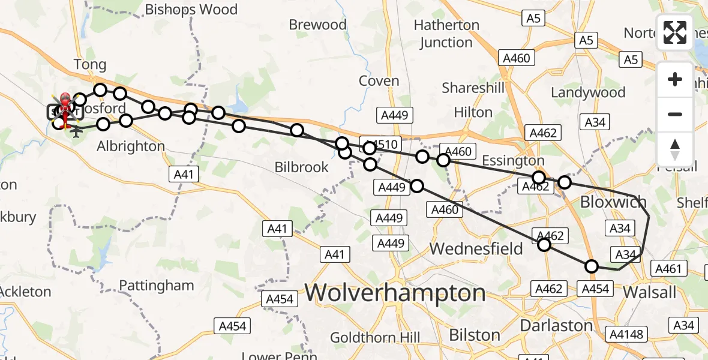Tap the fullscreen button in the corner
tap(675, 32)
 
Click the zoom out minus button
tap(675, 114)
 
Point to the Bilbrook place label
tap(302, 167)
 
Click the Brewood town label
tap(317, 25)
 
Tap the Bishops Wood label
tap(191, 10)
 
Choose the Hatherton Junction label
tap(446, 34)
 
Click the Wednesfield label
tap(476, 248)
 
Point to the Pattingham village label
tap(156, 285)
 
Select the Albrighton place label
tap(131, 146)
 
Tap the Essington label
tap(512, 161)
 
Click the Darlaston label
tap(556, 326)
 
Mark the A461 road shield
tap(668, 269)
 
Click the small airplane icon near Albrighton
tap(76, 130)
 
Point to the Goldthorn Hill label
tap(375, 337)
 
